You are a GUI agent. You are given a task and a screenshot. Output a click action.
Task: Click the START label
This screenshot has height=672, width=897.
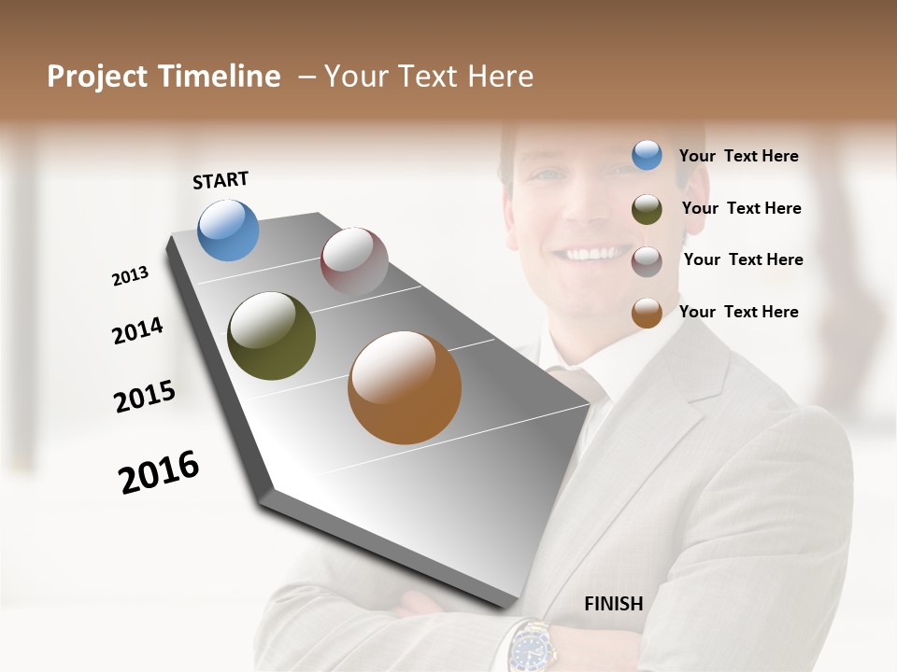click(221, 180)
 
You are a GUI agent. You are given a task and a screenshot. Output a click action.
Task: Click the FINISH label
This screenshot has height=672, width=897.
click(614, 604)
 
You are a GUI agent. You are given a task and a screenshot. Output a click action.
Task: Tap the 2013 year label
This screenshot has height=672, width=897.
click(131, 276)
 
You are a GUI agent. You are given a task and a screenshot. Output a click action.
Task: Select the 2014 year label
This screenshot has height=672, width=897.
click(138, 330)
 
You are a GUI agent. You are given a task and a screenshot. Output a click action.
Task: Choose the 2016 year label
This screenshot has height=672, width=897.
click(160, 471)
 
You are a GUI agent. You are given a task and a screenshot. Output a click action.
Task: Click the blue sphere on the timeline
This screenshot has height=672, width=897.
click(228, 230)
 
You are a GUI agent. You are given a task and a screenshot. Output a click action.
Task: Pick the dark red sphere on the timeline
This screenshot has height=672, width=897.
click(354, 261)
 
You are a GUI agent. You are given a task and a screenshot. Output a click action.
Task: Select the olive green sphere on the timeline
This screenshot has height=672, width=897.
click(271, 336)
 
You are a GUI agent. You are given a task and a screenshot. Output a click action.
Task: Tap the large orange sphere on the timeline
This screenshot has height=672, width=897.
click(405, 387)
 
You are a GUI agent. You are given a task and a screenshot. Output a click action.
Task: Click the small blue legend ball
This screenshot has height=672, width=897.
click(647, 155)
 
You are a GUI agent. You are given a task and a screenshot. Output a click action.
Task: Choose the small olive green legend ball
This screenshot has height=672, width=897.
click(647, 209)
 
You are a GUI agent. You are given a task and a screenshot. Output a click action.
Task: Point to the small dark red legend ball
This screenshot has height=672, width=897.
click(647, 261)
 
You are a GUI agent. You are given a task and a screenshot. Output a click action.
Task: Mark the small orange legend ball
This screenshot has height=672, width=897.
click(647, 313)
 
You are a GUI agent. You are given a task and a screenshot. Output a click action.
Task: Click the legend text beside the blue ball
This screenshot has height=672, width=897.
click(739, 156)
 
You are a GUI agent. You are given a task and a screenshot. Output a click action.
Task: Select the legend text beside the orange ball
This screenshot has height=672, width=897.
click(739, 312)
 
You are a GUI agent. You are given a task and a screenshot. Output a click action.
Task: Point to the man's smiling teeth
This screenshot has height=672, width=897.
click(591, 253)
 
